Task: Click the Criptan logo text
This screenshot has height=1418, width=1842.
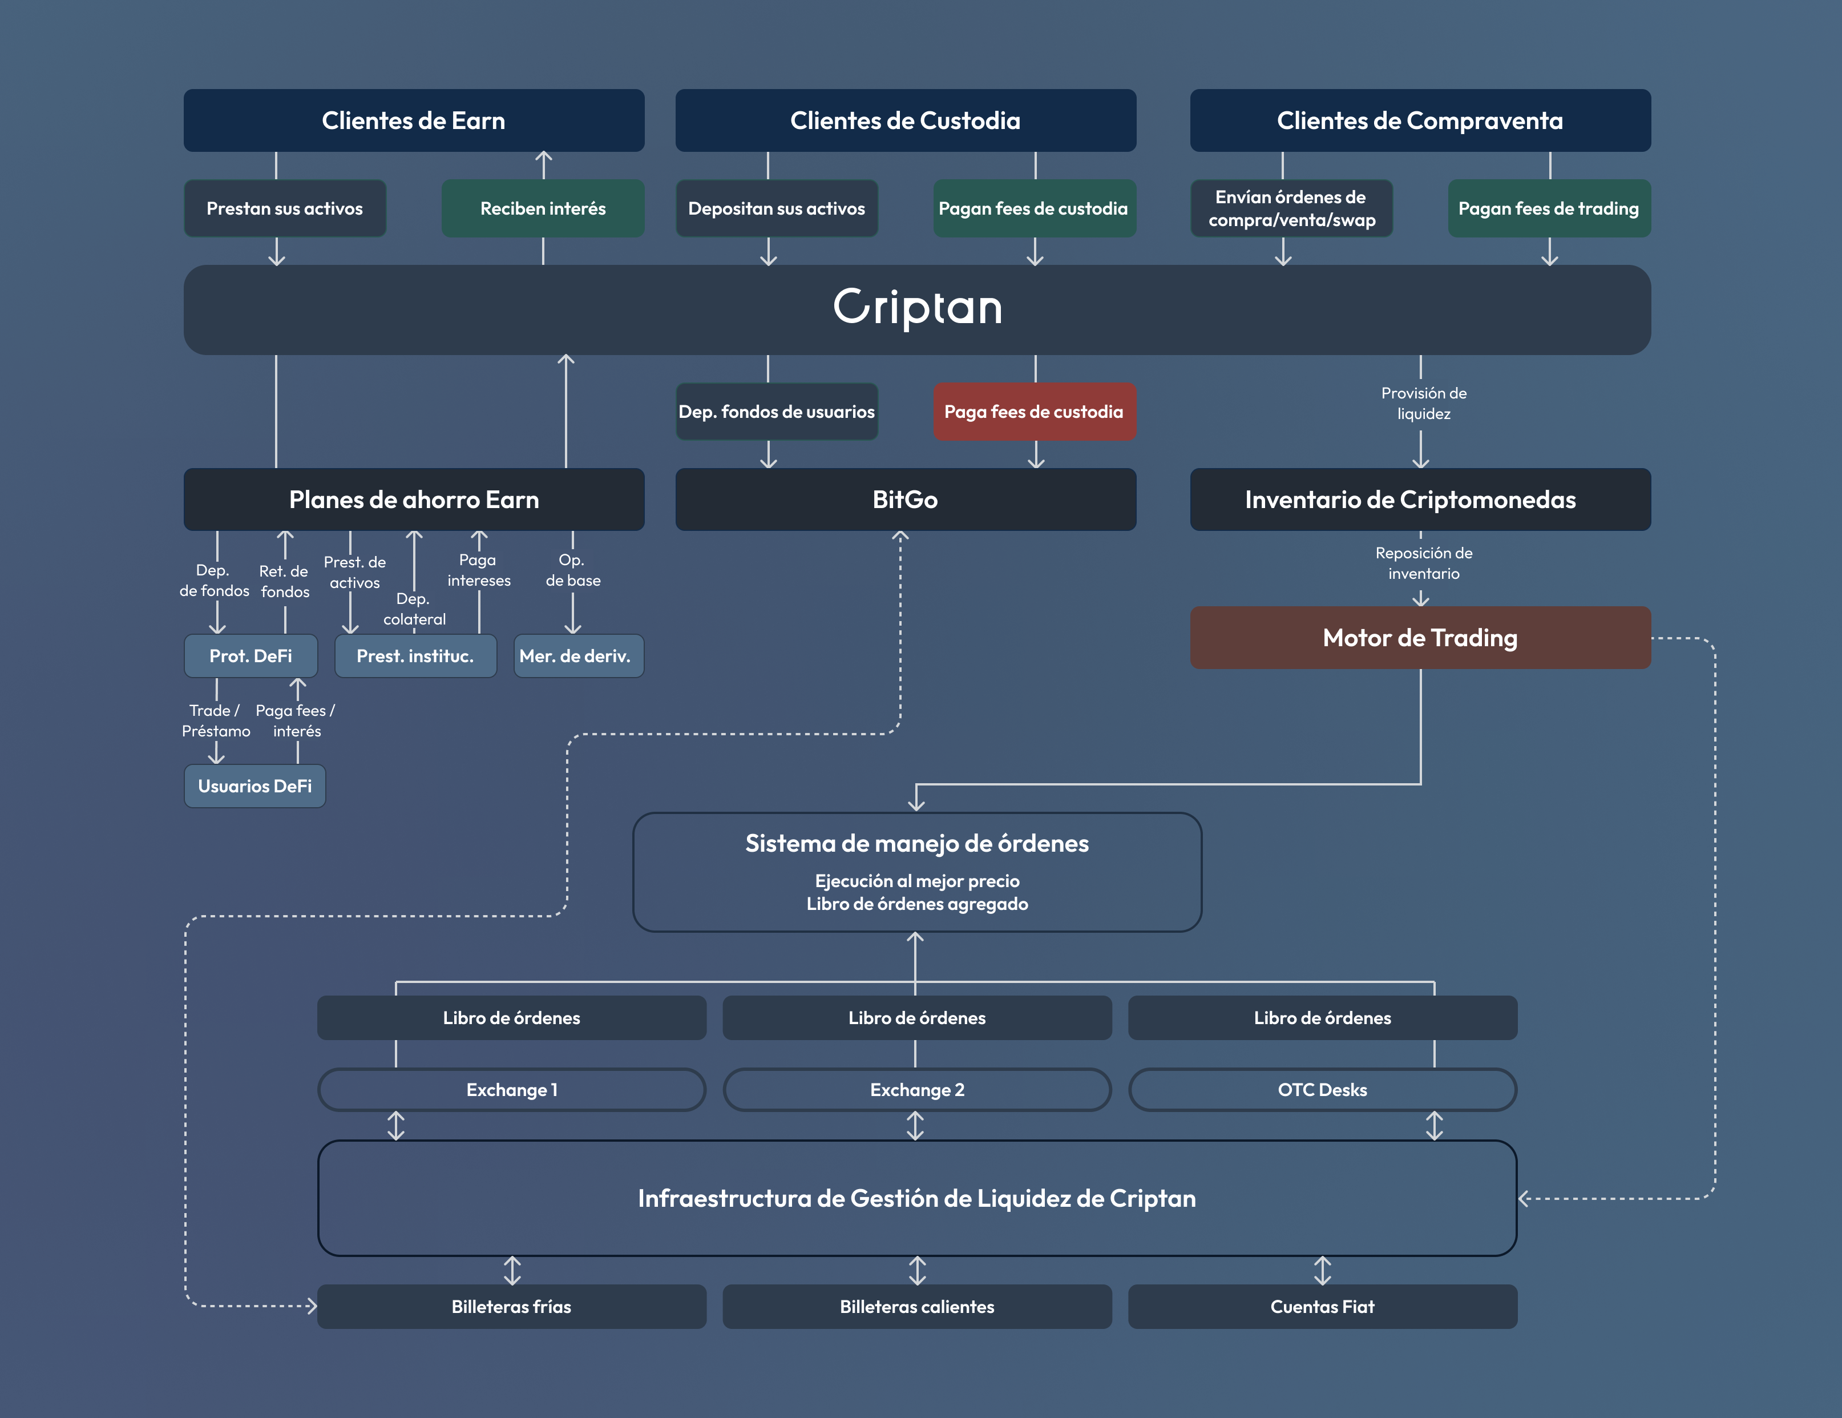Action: pos(918,307)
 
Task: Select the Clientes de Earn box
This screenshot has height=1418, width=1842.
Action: pos(413,120)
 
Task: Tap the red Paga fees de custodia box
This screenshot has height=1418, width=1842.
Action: pos(1034,412)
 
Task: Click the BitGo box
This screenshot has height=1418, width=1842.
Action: pos(905,499)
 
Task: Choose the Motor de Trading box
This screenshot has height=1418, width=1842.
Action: pos(1420,638)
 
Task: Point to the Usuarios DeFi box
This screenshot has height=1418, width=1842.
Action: pos(255,786)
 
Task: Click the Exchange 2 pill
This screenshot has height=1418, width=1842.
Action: pos(917,1090)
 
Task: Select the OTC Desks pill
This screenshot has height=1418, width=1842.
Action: pos(1322,1090)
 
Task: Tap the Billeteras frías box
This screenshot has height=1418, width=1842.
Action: pos(511,1307)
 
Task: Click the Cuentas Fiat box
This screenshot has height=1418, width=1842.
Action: pos(1322,1307)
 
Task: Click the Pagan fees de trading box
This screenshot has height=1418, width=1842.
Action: pos(1549,208)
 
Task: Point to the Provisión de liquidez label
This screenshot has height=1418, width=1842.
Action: pos(1424,403)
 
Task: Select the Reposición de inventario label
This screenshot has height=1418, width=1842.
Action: pos(1424,563)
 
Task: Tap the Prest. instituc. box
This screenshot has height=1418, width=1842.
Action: pos(415,656)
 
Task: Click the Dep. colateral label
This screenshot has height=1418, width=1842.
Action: pos(414,609)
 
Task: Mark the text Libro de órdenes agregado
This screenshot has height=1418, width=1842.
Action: pos(917,904)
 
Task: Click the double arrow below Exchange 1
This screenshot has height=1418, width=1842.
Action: pos(395,1125)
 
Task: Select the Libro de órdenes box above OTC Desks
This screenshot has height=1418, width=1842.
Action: pos(1322,1018)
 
